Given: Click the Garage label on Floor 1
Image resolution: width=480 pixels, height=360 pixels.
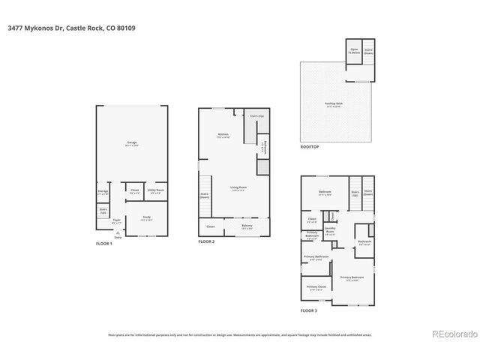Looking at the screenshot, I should click(x=131, y=142).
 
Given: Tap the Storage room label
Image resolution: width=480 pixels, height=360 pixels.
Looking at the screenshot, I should click(x=103, y=192).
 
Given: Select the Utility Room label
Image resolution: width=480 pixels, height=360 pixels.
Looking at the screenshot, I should click(x=156, y=191).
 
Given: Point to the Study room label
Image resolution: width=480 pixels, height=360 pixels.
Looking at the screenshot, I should click(x=147, y=218).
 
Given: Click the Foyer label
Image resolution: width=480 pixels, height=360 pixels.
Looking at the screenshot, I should click(x=116, y=221).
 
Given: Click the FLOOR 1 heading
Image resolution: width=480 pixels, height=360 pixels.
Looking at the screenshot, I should click(x=103, y=244).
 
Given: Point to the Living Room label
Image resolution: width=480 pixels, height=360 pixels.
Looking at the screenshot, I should click(x=238, y=188).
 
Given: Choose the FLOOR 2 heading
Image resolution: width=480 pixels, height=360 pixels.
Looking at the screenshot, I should click(x=206, y=242).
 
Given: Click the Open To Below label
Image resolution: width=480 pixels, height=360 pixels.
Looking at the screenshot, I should click(x=353, y=52).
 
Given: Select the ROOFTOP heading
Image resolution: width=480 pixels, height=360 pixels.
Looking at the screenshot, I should click(x=310, y=146).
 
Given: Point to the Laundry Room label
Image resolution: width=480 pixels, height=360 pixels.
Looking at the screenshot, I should click(x=330, y=230).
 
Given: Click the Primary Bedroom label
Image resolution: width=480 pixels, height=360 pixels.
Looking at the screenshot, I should click(x=349, y=278).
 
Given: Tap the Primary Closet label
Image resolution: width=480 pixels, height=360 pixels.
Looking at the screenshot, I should click(x=316, y=287).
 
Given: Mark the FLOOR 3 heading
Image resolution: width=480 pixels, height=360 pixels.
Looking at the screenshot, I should click(x=309, y=310).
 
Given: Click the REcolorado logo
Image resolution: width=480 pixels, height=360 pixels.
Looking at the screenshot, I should click(x=451, y=334).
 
